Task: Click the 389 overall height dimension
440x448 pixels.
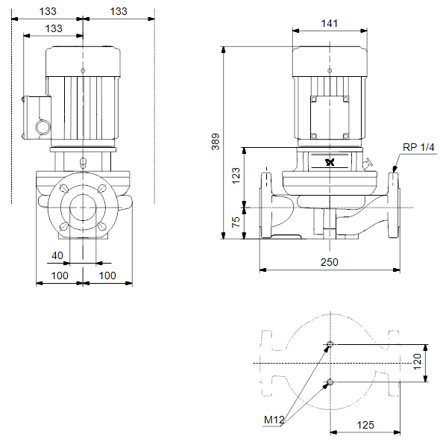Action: (x=216, y=141)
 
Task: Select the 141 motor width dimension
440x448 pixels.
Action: (x=330, y=23)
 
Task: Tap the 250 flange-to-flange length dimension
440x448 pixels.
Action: (x=330, y=262)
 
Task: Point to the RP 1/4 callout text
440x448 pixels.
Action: (x=418, y=147)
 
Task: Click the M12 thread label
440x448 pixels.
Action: (x=274, y=420)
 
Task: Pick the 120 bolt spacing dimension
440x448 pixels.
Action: (x=417, y=361)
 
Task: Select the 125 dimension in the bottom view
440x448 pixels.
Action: (x=365, y=425)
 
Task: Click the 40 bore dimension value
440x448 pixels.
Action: (x=57, y=255)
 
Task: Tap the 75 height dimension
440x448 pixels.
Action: (x=236, y=222)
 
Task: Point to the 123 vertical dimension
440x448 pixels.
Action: (x=236, y=175)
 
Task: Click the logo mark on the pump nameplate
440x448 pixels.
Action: (x=330, y=162)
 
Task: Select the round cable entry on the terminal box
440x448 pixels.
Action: (x=43, y=127)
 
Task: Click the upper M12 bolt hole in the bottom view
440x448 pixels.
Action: (x=330, y=344)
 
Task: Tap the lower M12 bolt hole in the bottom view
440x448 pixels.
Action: (x=330, y=382)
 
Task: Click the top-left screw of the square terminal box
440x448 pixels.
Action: (x=314, y=99)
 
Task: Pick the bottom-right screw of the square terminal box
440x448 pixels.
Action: (x=345, y=136)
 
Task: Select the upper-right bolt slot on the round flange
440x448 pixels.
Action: (x=102, y=188)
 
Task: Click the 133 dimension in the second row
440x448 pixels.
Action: (x=54, y=28)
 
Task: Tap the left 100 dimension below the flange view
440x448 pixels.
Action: (x=60, y=276)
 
